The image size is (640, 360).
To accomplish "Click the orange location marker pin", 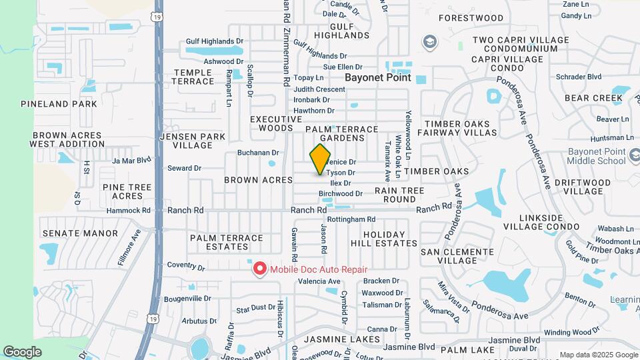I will tap(321, 159).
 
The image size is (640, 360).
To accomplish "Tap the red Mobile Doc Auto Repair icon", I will tap(259, 269).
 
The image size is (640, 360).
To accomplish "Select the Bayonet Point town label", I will tap(378, 77).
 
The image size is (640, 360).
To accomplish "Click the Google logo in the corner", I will tap(22, 351).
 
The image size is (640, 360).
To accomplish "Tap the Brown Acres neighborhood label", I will tap(259, 180).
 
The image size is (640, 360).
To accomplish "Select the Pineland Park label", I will tap(59, 104).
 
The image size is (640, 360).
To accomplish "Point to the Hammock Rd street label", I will tap(127, 210).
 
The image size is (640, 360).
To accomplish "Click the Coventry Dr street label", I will tap(185, 266).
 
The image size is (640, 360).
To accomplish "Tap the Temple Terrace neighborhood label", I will tap(194, 77).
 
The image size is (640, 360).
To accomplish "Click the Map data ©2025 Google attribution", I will tap(597, 355).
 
